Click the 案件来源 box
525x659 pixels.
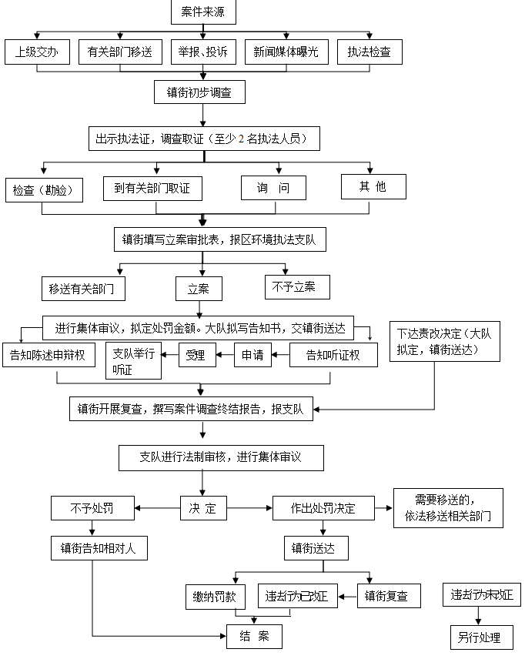click(203, 13)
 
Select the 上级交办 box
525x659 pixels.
click(37, 52)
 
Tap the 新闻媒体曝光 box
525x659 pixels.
click(286, 52)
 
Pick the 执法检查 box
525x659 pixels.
click(369, 52)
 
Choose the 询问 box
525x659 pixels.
click(273, 188)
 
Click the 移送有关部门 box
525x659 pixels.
click(82, 289)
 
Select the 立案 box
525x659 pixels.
click(199, 289)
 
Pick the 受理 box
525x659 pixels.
click(196, 355)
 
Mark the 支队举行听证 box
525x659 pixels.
click(133, 360)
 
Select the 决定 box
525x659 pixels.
click(202, 508)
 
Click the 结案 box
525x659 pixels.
click(254, 637)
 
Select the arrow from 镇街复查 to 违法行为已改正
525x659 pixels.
click(348, 596)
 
